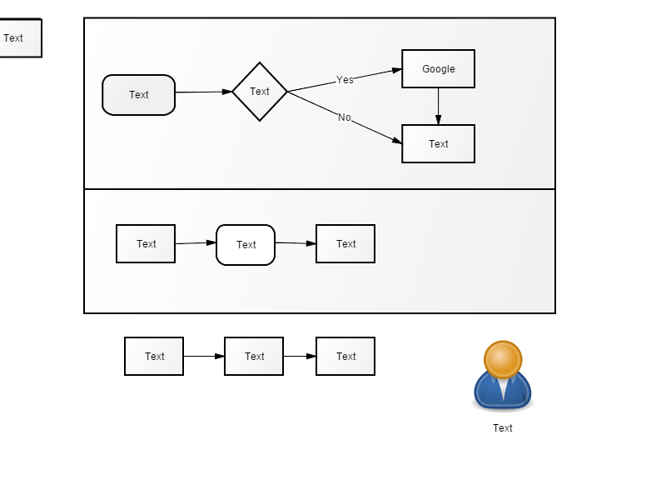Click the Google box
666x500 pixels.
(x=439, y=69)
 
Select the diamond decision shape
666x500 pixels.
(x=260, y=92)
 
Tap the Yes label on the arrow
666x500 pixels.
(x=345, y=80)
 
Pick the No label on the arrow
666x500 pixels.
(x=345, y=117)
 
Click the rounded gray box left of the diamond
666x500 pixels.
(x=138, y=95)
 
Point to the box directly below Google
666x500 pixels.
(x=439, y=143)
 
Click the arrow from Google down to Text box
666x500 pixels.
(x=439, y=107)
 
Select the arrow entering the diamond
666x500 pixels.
(x=204, y=92)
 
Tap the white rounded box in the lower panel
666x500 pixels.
(x=246, y=245)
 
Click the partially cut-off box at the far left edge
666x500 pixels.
(x=20, y=37)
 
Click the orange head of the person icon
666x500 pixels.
(x=503, y=359)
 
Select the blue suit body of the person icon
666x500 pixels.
(x=503, y=391)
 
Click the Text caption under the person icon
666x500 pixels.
(x=503, y=428)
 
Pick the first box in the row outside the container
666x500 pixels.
(x=154, y=357)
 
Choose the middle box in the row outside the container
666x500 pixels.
(x=254, y=357)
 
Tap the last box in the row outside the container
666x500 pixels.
(x=345, y=357)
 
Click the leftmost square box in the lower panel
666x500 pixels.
(x=146, y=244)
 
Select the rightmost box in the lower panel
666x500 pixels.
(x=345, y=244)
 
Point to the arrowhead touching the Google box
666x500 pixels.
(x=397, y=70)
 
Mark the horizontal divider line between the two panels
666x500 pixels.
(x=320, y=189)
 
